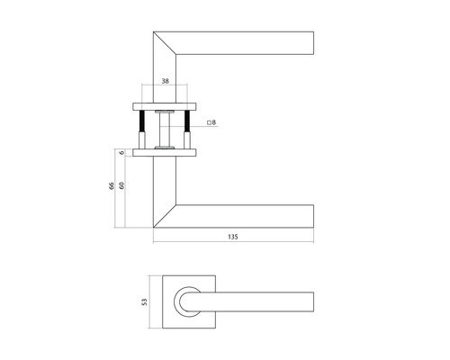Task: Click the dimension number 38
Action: click(165, 81)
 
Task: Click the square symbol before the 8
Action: click(209, 121)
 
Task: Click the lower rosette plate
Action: click(165, 153)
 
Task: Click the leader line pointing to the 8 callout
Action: click(193, 122)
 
